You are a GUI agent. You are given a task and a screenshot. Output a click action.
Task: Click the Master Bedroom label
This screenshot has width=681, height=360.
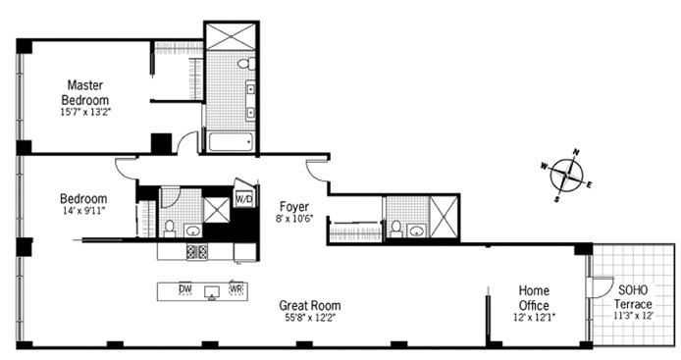coord(85,91)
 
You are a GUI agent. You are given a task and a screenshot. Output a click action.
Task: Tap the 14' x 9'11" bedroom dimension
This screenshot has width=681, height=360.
coord(83,212)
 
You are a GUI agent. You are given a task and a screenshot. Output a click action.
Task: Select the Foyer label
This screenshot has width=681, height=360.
coord(294,207)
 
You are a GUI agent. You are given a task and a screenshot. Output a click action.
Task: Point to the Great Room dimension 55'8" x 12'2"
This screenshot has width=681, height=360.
coord(310,318)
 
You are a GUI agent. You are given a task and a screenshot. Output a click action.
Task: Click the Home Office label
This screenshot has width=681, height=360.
coord(534,297)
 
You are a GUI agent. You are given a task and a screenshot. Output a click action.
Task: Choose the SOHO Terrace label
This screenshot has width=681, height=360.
coord(633,296)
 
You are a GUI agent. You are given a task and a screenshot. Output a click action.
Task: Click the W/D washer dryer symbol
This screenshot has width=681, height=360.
coord(243,198)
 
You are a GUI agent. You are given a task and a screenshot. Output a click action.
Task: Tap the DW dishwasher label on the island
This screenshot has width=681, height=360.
coord(185,288)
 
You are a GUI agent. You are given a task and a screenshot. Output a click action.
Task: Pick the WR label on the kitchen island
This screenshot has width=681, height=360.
coord(236,288)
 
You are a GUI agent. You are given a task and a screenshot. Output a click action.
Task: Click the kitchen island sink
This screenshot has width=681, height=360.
coord(212,291)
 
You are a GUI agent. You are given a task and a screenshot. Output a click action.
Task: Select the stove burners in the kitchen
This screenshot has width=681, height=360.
coord(196,252)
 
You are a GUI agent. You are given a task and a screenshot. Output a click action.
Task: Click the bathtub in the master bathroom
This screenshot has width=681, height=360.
coord(231,142)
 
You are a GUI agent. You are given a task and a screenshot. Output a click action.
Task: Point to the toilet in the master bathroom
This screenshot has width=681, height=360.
coord(246,64)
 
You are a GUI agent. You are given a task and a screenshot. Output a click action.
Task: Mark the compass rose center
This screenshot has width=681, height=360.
coord(566,176)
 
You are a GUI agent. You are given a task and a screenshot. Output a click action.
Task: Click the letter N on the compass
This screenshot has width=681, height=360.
coord(576,152)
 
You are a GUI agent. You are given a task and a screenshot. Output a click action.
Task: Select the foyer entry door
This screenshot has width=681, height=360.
coord(317,171)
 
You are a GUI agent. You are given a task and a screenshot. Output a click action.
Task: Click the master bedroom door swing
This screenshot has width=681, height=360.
coord(187,142)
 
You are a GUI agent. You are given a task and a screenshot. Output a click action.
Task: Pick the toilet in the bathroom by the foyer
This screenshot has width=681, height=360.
coord(395,229)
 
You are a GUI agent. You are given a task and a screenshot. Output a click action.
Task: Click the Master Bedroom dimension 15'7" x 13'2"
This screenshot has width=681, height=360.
coord(85,112)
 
